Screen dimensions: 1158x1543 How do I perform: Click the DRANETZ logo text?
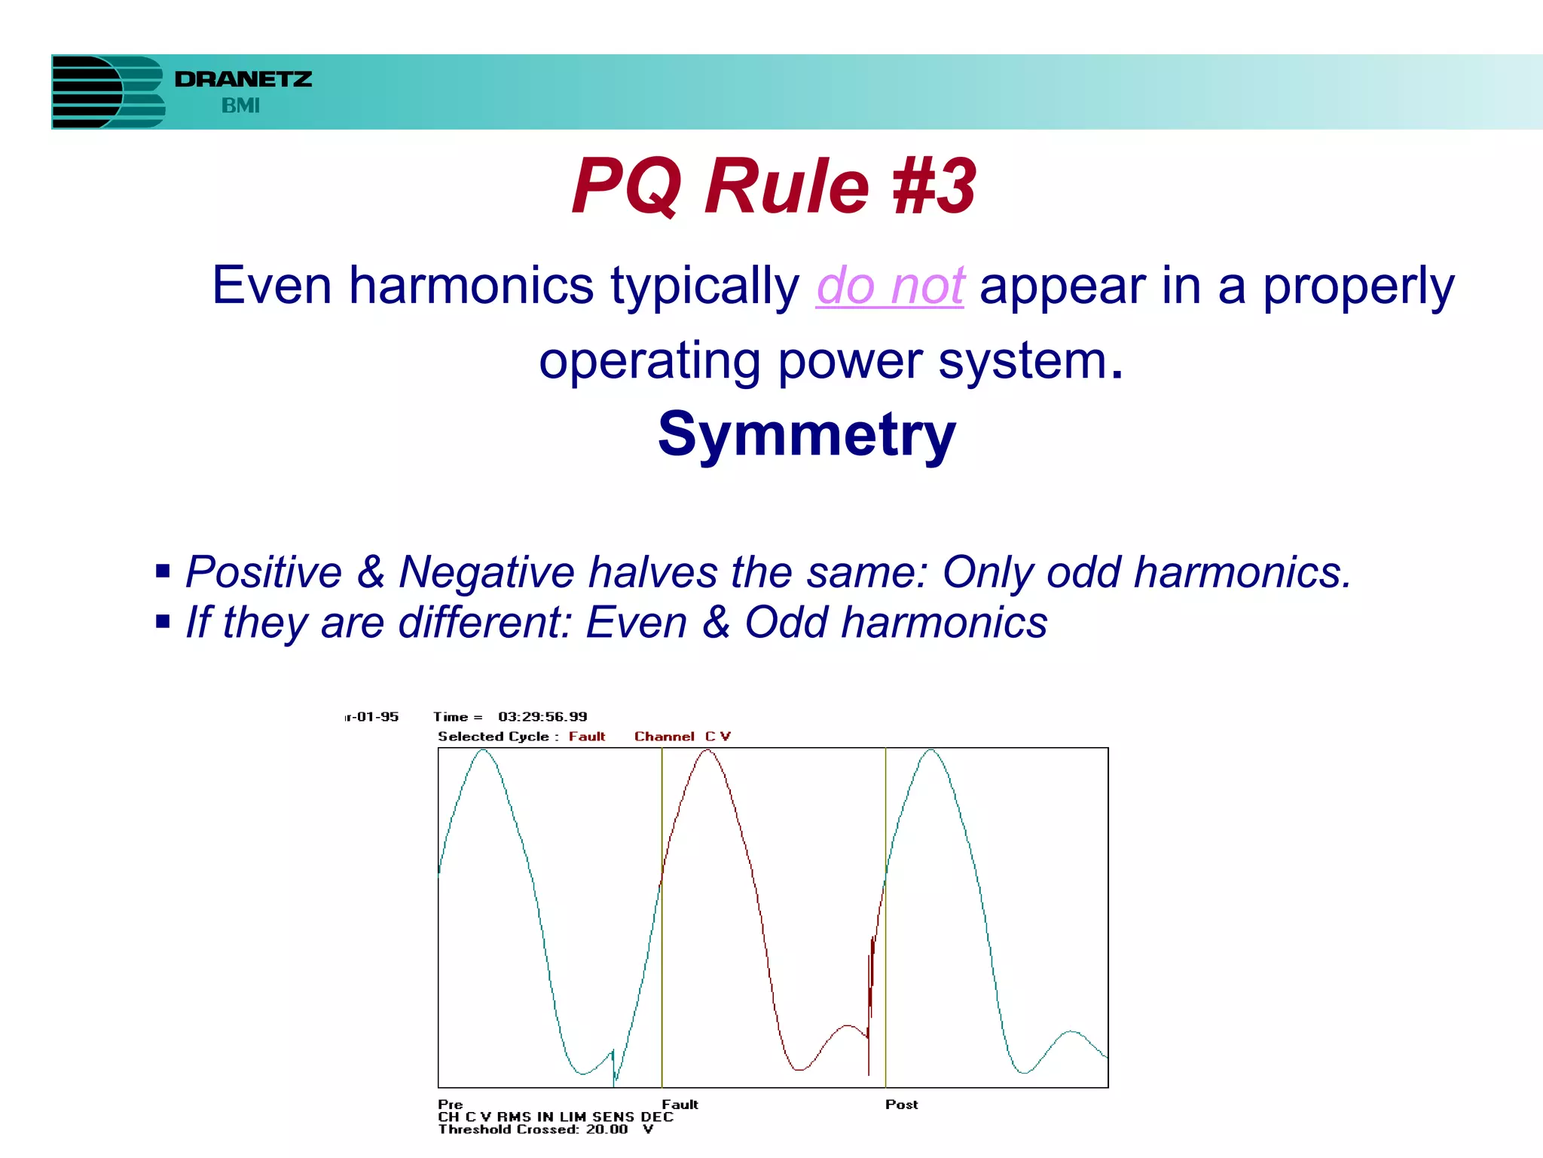[243, 79]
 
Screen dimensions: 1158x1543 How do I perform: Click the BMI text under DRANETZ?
[240, 106]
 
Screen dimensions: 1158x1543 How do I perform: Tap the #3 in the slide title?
[933, 186]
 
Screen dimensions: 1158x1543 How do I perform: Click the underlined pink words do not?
[890, 286]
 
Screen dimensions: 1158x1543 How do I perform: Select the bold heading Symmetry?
[806, 435]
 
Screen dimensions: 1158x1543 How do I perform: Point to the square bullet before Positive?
[163, 571]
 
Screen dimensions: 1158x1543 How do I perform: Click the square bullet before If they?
[163, 622]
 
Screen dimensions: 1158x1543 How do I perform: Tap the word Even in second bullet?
[636, 623]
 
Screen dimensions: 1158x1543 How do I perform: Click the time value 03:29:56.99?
[542, 717]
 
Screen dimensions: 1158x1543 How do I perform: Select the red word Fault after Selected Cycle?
[586, 737]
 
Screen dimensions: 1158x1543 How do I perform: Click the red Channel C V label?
[682, 737]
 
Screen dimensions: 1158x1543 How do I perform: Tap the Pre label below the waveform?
[450, 1104]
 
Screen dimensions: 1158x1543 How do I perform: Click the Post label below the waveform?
[901, 1104]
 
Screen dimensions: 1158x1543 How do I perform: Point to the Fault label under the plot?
[680, 1104]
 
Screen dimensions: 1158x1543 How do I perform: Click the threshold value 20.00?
[607, 1129]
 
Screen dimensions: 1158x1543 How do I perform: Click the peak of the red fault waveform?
[707, 751]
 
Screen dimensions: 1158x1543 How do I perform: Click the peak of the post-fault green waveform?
[931, 751]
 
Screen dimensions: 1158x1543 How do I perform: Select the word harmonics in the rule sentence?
[471, 286]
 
